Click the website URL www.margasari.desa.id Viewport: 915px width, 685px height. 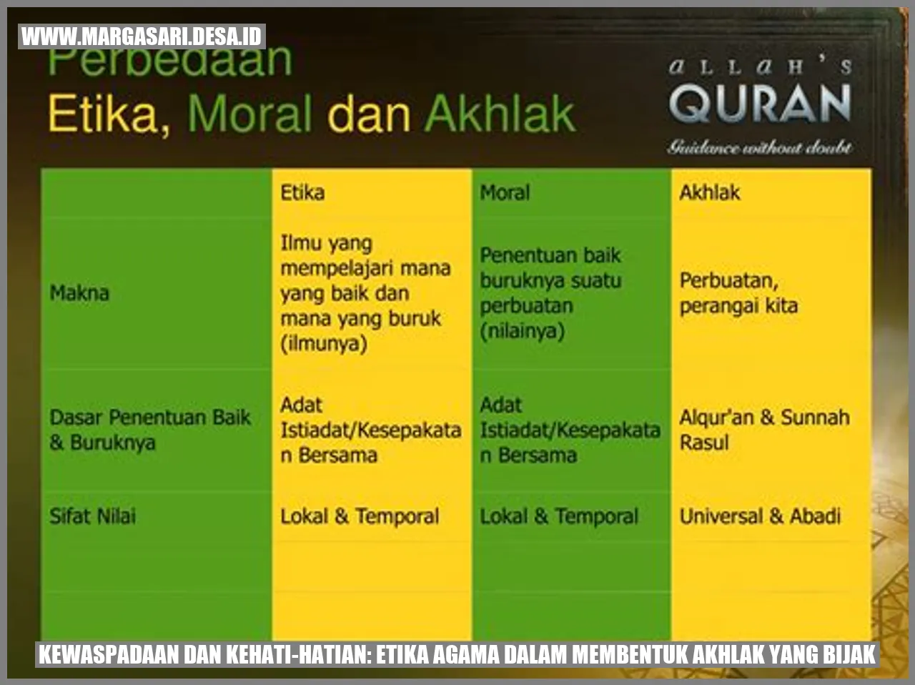(x=142, y=36)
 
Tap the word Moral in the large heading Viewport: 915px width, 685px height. (x=249, y=114)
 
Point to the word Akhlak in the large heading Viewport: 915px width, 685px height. (x=500, y=114)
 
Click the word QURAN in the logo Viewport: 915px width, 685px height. (x=760, y=104)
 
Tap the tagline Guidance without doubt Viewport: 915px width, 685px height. (x=760, y=148)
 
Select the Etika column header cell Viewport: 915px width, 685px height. (x=302, y=192)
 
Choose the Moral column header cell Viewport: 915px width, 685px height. (x=505, y=192)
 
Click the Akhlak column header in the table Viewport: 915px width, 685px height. (x=709, y=192)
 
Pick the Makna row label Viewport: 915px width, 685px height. (x=79, y=293)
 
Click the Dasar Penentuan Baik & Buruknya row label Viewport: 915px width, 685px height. (x=150, y=430)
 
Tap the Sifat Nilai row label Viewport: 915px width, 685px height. (x=92, y=516)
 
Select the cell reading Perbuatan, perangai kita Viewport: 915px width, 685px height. (x=738, y=293)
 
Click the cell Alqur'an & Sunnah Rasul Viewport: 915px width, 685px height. (x=764, y=430)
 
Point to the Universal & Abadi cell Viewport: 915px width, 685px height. (x=760, y=516)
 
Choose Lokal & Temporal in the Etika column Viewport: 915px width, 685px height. (x=360, y=516)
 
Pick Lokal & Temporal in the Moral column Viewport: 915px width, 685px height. (x=559, y=516)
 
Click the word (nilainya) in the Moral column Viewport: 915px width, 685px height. (x=523, y=331)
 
